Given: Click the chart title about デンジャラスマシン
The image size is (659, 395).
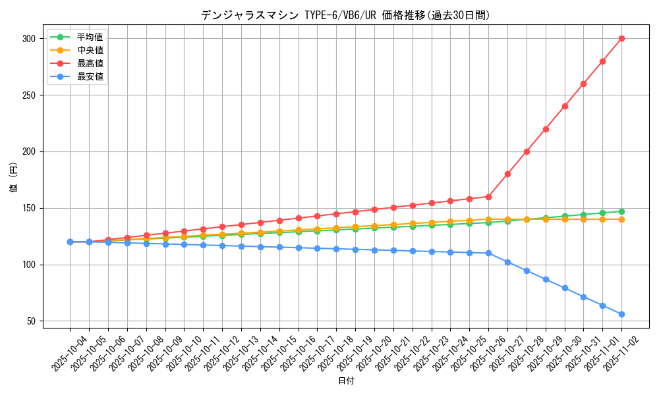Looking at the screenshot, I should point(345,15).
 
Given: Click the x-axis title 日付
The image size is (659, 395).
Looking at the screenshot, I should point(346,381).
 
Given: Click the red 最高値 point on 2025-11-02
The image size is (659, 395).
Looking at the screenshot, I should point(621,38).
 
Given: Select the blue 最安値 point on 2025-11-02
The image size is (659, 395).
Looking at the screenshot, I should point(621,314).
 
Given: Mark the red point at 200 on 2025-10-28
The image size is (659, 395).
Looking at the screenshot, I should point(527,151).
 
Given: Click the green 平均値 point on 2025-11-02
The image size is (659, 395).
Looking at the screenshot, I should point(621,211).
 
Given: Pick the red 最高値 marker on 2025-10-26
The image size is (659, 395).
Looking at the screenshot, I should point(488,197).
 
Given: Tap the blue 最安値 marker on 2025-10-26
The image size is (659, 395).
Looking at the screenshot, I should point(488,253).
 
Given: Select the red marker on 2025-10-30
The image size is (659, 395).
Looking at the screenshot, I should point(565,106).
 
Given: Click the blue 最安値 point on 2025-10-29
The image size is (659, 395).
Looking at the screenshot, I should point(546,279).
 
